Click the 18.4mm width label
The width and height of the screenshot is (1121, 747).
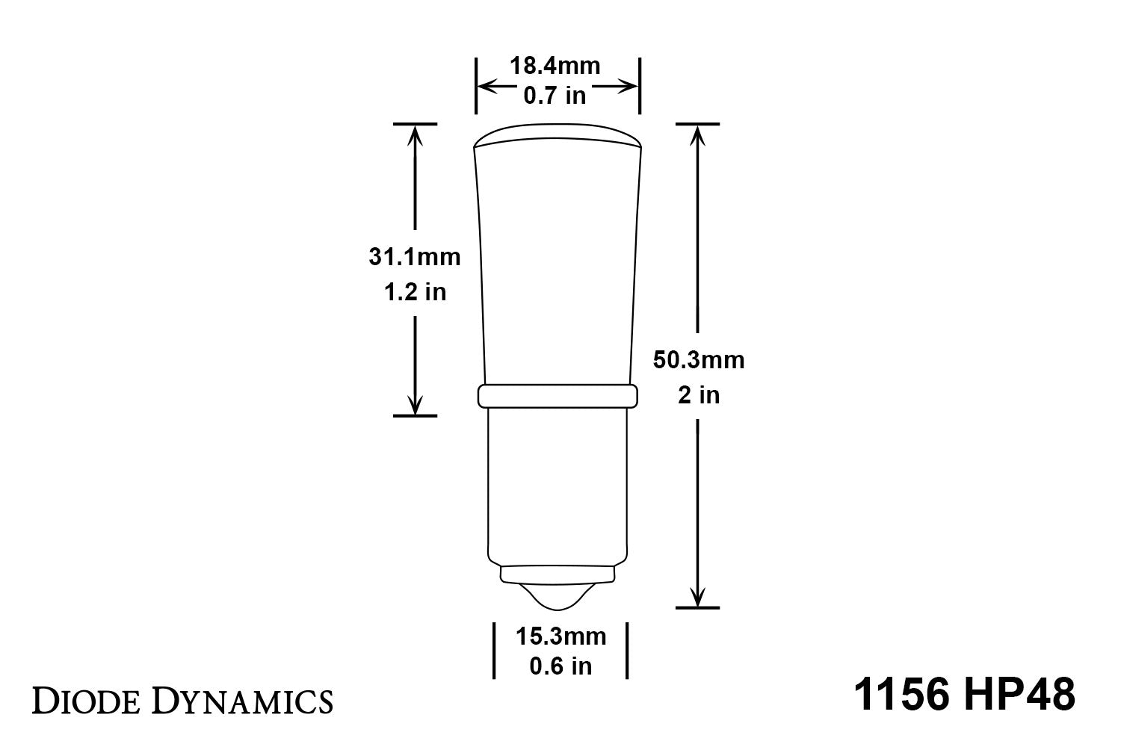click(555, 66)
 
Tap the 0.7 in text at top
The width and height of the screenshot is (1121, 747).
click(555, 96)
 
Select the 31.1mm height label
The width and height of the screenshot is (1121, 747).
click(414, 257)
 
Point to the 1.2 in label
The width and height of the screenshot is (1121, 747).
click(414, 292)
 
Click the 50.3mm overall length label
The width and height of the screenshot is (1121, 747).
click(698, 359)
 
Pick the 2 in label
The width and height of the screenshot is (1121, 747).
click(698, 394)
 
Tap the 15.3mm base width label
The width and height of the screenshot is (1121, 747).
click(560, 636)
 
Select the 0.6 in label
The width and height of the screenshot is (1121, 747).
click(560, 666)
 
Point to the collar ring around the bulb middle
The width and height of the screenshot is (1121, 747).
click(558, 397)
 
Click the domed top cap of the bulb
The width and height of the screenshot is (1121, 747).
click(558, 135)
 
